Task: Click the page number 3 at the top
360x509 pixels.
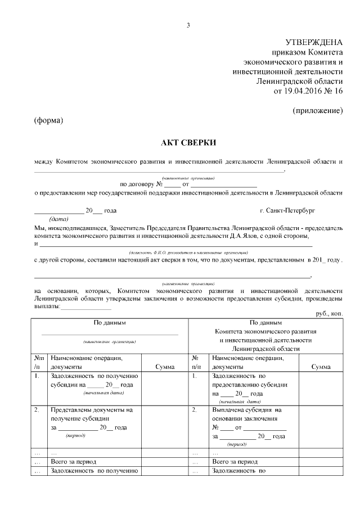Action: click(188, 25)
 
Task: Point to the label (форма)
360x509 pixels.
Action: click(48, 121)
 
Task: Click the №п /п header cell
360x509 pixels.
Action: click(39, 362)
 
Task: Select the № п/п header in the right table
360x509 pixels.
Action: click(197, 362)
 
